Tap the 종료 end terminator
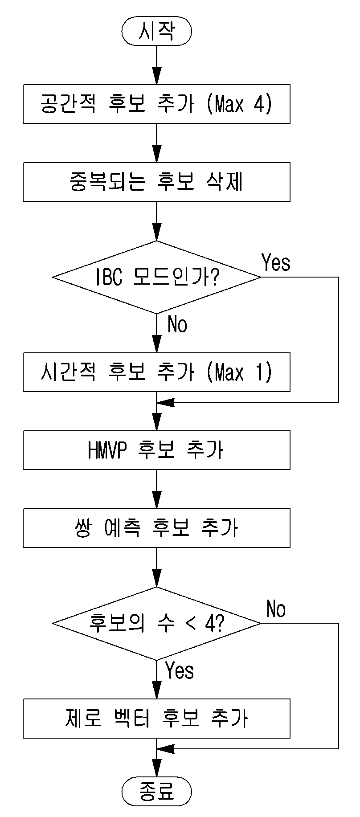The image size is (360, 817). click(156, 792)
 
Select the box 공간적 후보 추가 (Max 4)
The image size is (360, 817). click(156, 104)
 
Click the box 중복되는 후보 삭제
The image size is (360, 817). click(156, 182)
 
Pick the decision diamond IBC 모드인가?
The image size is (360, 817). click(156, 277)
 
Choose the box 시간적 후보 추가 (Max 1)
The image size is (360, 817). click(156, 372)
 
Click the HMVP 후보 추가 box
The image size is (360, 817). click(156, 450)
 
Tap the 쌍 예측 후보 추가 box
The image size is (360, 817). click(156, 528)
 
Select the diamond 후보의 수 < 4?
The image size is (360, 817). click(156, 623)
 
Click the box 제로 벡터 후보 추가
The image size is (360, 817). click(156, 718)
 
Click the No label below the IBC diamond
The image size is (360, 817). click(177, 325)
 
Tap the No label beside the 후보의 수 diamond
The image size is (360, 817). click(276, 609)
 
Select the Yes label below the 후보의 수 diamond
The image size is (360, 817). click(180, 670)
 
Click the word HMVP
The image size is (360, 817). click(107, 450)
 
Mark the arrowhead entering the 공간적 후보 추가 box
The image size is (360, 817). click(156, 76)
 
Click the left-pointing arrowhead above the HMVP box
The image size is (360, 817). click(165, 403)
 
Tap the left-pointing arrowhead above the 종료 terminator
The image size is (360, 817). click(165, 749)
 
